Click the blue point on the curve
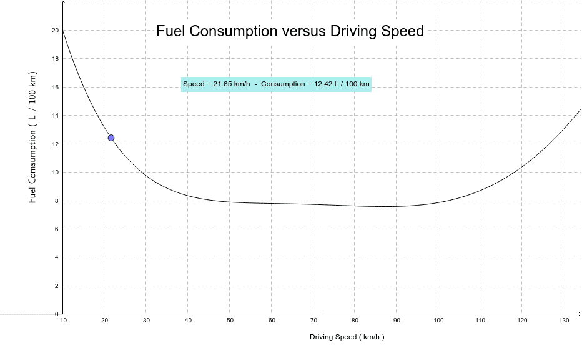click(x=111, y=137)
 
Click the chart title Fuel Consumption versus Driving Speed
click(x=290, y=31)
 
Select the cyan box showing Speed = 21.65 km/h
click(x=276, y=84)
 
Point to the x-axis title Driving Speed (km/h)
click(x=347, y=337)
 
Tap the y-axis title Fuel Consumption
click(x=32, y=136)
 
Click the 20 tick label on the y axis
click(x=55, y=31)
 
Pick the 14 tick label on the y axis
click(x=55, y=116)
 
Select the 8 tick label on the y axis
click(x=57, y=201)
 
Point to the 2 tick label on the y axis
click(x=57, y=286)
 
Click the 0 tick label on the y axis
click(x=57, y=314)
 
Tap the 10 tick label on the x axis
click(x=63, y=321)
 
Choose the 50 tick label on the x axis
click(x=230, y=321)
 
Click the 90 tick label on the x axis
click(x=397, y=321)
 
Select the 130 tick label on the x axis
click(x=563, y=321)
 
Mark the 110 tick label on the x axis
click(x=480, y=321)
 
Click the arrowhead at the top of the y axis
click(x=62, y=3)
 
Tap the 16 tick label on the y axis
click(x=55, y=87)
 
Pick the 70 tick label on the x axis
click(x=313, y=321)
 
